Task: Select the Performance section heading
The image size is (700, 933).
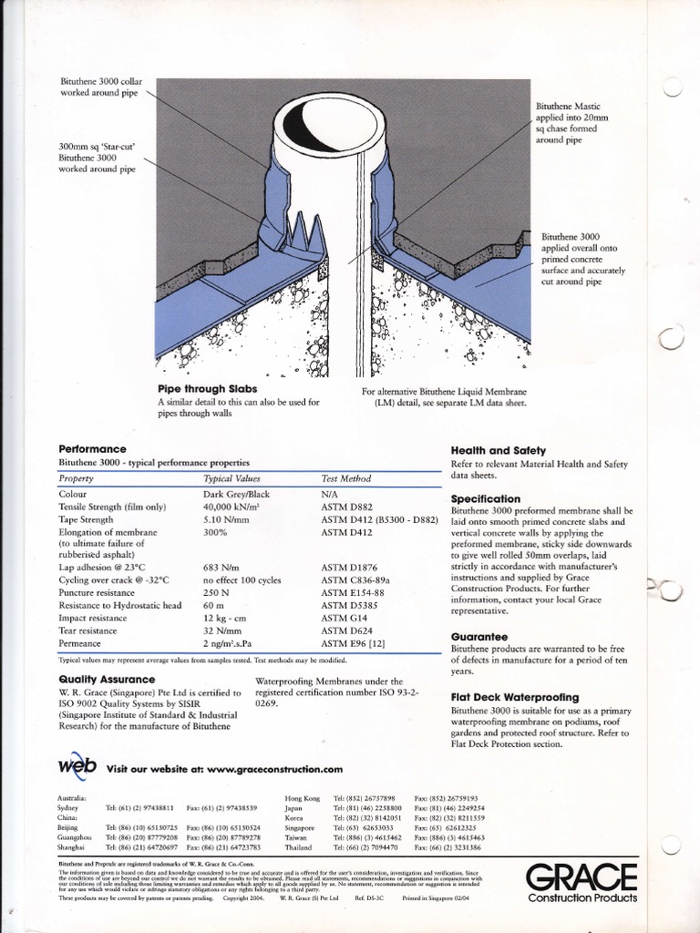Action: [92, 449]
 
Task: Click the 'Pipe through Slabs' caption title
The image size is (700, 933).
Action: [207, 389]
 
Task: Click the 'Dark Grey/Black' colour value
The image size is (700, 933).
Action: [236, 494]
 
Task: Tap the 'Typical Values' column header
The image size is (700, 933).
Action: [232, 478]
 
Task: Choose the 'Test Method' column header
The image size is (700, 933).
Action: [346, 478]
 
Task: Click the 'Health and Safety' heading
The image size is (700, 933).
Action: [498, 450]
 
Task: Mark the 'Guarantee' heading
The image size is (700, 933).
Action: [479, 637]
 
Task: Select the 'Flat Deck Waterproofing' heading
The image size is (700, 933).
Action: [515, 697]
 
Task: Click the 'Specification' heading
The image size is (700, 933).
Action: [486, 498]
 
